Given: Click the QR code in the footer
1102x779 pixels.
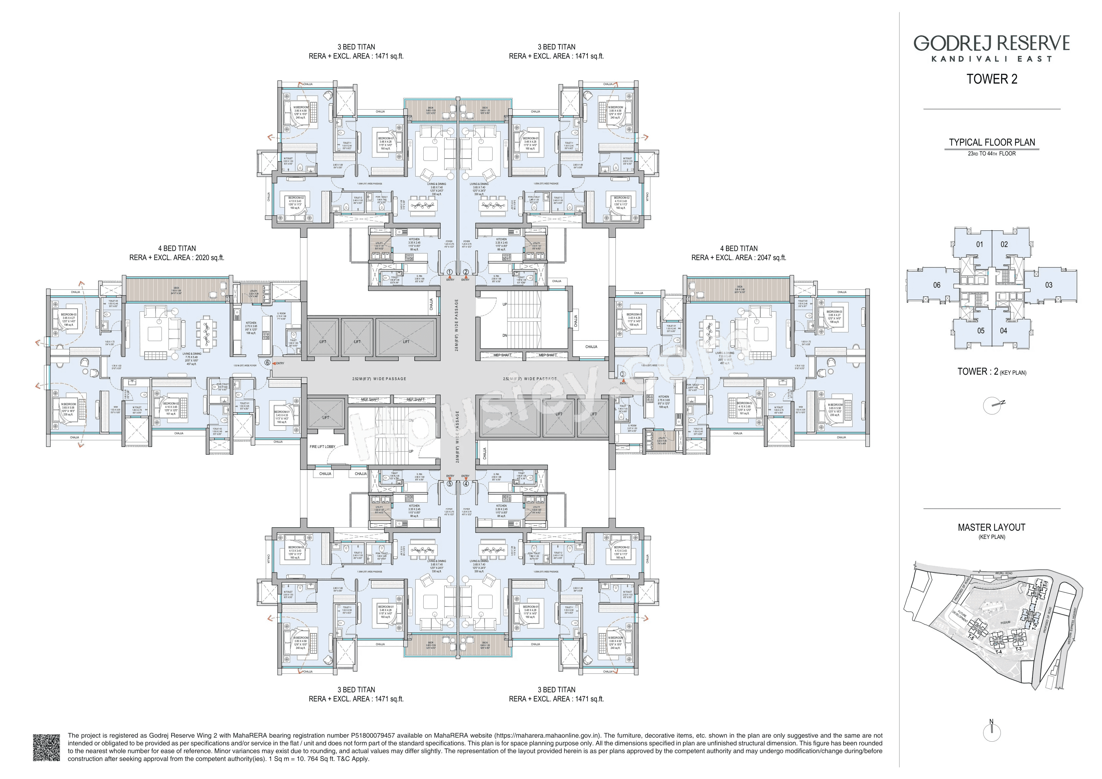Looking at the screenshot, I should [47, 747].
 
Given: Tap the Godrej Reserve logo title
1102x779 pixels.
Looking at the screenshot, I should [992, 43].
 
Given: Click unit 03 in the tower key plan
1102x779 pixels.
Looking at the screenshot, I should [1049, 285].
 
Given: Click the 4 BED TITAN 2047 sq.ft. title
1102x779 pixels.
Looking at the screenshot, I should [739, 253].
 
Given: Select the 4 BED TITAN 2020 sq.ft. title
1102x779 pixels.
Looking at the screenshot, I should [177, 253].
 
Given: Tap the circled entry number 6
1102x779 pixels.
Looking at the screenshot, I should [267, 363].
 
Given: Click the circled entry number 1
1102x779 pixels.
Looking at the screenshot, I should [450, 272].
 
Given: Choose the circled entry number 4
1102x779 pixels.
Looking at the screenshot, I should [466, 484].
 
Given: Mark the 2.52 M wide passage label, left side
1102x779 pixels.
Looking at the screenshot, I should [379, 379].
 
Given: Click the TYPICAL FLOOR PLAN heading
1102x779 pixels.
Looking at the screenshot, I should [992, 143].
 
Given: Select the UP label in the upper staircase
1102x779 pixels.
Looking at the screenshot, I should [505, 305].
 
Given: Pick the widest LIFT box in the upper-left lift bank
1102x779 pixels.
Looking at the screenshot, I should [406, 342].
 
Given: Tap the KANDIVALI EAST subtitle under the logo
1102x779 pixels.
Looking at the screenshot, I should [992, 59].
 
